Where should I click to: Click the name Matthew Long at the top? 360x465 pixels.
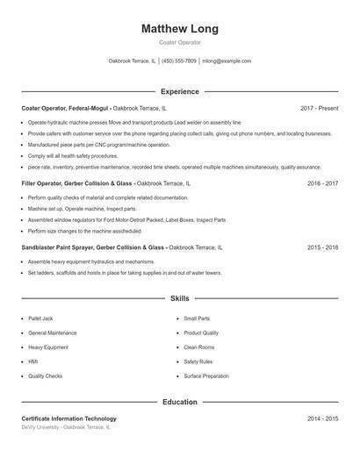click(x=179, y=29)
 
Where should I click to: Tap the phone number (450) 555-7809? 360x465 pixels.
click(x=179, y=61)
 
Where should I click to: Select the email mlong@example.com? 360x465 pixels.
click(x=227, y=61)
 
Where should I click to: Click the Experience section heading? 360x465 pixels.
click(x=179, y=91)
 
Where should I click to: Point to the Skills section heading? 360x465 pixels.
click(x=179, y=299)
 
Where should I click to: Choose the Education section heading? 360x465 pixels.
click(x=179, y=402)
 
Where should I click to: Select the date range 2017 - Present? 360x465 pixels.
click(x=319, y=108)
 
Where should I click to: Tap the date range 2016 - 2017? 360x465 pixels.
click(x=322, y=183)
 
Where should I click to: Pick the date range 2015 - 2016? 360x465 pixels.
click(x=322, y=247)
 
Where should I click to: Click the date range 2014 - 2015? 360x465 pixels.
click(x=322, y=418)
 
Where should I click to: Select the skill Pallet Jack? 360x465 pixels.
click(x=40, y=318)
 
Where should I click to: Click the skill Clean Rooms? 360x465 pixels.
click(x=198, y=347)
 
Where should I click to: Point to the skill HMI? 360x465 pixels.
click(x=33, y=361)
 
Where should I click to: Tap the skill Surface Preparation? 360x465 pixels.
click(x=207, y=376)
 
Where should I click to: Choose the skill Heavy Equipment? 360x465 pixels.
click(x=47, y=347)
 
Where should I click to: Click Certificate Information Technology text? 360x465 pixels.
click(x=68, y=418)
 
